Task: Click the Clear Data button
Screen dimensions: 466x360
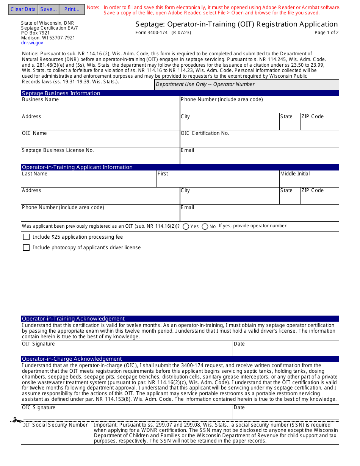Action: click(x=23, y=9)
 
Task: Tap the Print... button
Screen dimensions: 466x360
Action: click(x=72, y=9)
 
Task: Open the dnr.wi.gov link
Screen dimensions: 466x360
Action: click(x=32, y=43)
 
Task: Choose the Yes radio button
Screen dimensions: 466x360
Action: click(x=186, y=227)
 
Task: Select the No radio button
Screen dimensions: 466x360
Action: click(x=205, y=227)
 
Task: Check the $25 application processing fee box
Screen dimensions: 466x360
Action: click(x=26, y=237)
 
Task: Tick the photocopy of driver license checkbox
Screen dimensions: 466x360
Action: click(x=26, y=248)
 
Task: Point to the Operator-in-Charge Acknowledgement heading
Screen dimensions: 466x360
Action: click(x=72, y=359)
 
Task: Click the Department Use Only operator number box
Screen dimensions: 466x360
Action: click(x=247, y=84)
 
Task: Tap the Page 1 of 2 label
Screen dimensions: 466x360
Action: click(x=326, y=33)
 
